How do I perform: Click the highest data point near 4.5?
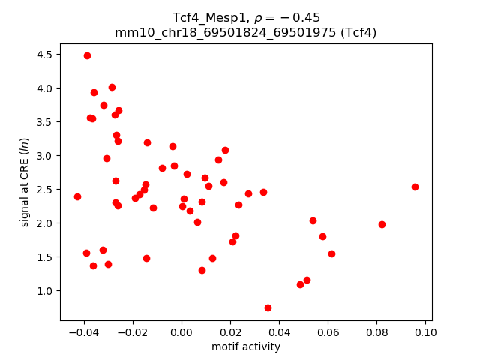(87, 55)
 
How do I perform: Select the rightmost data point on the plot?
(415, 187)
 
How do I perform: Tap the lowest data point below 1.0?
(268, 307)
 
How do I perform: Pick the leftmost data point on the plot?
(77, 196)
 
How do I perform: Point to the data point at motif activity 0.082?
(382, 224)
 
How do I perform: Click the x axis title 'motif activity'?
(246, 346)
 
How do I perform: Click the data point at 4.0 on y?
(112, 87)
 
